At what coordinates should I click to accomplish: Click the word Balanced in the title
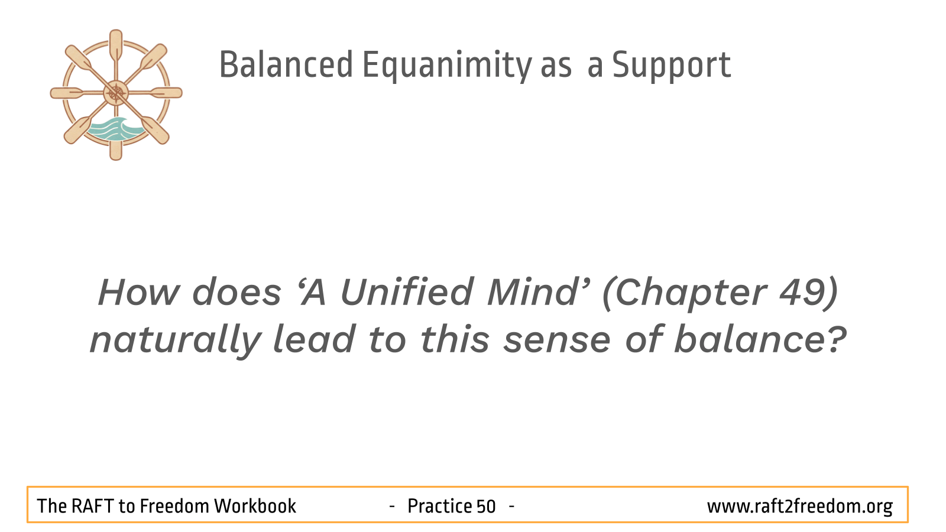[286, 64]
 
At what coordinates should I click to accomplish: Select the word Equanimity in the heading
[447, 66]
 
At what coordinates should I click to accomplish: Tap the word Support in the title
[672, 66]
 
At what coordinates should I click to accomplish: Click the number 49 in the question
[802, 292]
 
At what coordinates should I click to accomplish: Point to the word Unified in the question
[406, 291]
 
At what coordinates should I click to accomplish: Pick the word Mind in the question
[533, 291]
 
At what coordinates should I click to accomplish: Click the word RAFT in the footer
[92, 506]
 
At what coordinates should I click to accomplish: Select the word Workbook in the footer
[255, 506]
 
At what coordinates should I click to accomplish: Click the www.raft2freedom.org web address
[800, 507]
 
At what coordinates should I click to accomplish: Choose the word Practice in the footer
[439, 506]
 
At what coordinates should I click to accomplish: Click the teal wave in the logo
[115, 129]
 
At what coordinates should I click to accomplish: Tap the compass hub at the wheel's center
[116, 93]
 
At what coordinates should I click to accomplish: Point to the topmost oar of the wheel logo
[116, 47]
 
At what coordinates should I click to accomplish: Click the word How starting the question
[139, 292]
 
